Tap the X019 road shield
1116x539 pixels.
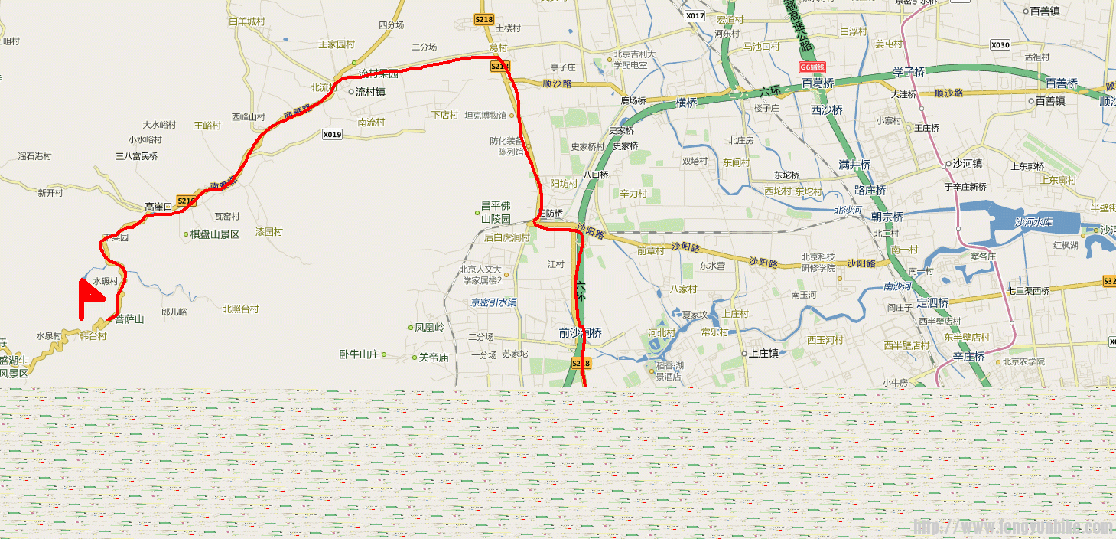(x=331, y=135)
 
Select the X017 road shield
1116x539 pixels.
(x=695, y=15)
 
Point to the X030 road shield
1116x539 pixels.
(x=1000, y=45)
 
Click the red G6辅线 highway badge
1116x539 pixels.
(x=816, y=67)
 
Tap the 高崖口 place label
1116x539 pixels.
(x=159, y=207)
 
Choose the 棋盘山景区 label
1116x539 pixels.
(x=215, y=234)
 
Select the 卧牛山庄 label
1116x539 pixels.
(x=359, y=354)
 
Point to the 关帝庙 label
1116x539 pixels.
(x=434, y=357)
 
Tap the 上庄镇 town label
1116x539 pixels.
(x=763, y=354)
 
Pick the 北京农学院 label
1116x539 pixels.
(x=1024, y=361)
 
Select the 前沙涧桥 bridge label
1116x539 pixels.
(x=580, y=333)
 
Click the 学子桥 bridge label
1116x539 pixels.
(x=909, y=73)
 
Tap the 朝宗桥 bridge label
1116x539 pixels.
(x=887, y=217)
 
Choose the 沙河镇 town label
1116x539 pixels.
(x=967, y=164)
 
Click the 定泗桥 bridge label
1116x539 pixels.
(x=932, y=302)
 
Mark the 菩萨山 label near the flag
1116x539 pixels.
(x=129, y=318)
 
